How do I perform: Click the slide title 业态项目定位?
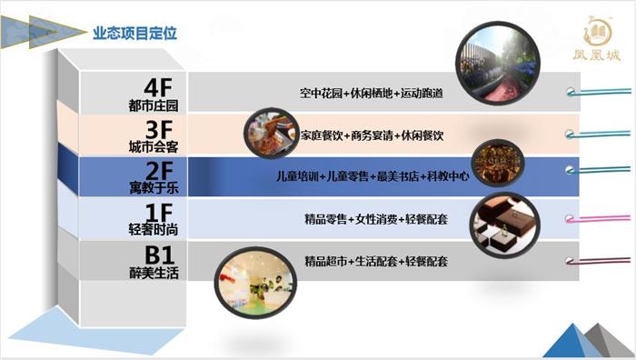134,34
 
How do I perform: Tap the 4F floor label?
158,88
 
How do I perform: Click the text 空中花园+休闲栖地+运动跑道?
372,94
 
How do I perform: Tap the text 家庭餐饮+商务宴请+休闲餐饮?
372,135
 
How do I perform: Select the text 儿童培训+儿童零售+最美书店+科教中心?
372,176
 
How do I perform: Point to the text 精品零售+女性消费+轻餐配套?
372,219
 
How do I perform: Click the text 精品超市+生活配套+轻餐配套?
372,262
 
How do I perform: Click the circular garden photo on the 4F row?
496,60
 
